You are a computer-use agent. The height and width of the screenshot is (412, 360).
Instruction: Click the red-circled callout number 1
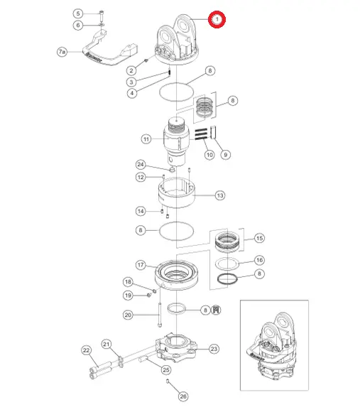tap(217, 19)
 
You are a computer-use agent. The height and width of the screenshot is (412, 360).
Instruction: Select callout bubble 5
tap(78, 13)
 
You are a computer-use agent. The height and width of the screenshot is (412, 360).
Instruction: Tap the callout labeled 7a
tap(62, 52)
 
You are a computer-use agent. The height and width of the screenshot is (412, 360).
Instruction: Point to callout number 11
tap(146, 139)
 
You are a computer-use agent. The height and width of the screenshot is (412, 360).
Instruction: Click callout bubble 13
tap(220, 195)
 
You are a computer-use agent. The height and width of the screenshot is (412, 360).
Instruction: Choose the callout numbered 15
tap(259, 238)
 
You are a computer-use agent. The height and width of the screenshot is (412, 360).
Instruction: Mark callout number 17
tap(141, 264)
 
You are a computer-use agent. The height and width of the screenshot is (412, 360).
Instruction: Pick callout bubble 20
tap(128, 315)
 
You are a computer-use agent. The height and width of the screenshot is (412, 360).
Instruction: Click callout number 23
tap(214, 349)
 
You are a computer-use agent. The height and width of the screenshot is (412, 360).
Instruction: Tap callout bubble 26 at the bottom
tap(183, 396)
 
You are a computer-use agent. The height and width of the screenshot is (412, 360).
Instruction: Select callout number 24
tap(141, 165)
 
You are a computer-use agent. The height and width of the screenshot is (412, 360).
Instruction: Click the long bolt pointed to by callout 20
tap(160, 315)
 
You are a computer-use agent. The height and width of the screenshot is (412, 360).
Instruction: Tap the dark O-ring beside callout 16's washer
tap(227, 278)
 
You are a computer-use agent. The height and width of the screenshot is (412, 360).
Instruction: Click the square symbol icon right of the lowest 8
tap(216, 310)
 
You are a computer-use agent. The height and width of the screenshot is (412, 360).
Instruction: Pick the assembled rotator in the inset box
tap(271, 347)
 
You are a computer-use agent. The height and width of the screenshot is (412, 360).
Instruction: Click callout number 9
tap(226, 155)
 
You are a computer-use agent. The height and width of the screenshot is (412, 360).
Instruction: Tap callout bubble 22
tap(87, 350)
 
